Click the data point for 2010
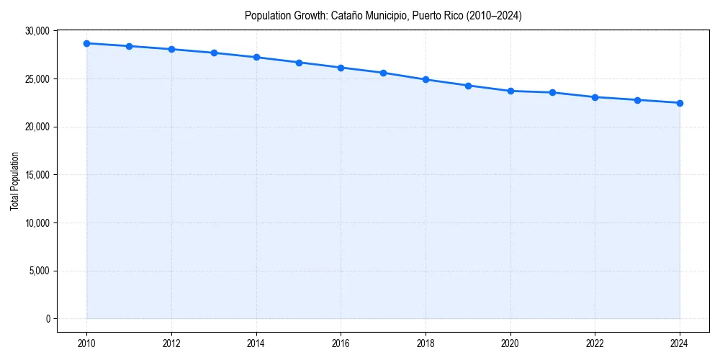tap(86, 43)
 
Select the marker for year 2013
tap(214, 53)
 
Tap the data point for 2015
tap(299, 63)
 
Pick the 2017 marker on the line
tap(383, 73)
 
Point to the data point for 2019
tap(468, 86)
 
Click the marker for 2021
tap(552, 92)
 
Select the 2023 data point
tap(637, 100)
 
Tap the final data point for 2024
tap(680, 103)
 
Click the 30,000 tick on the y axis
tap(37, 31)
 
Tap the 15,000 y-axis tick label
tap(37, 175)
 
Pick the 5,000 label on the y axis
tap(39, 271)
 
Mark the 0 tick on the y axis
tap(47, 319)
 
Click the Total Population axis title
tap(14, 181)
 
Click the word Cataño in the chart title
tap(347, 15)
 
